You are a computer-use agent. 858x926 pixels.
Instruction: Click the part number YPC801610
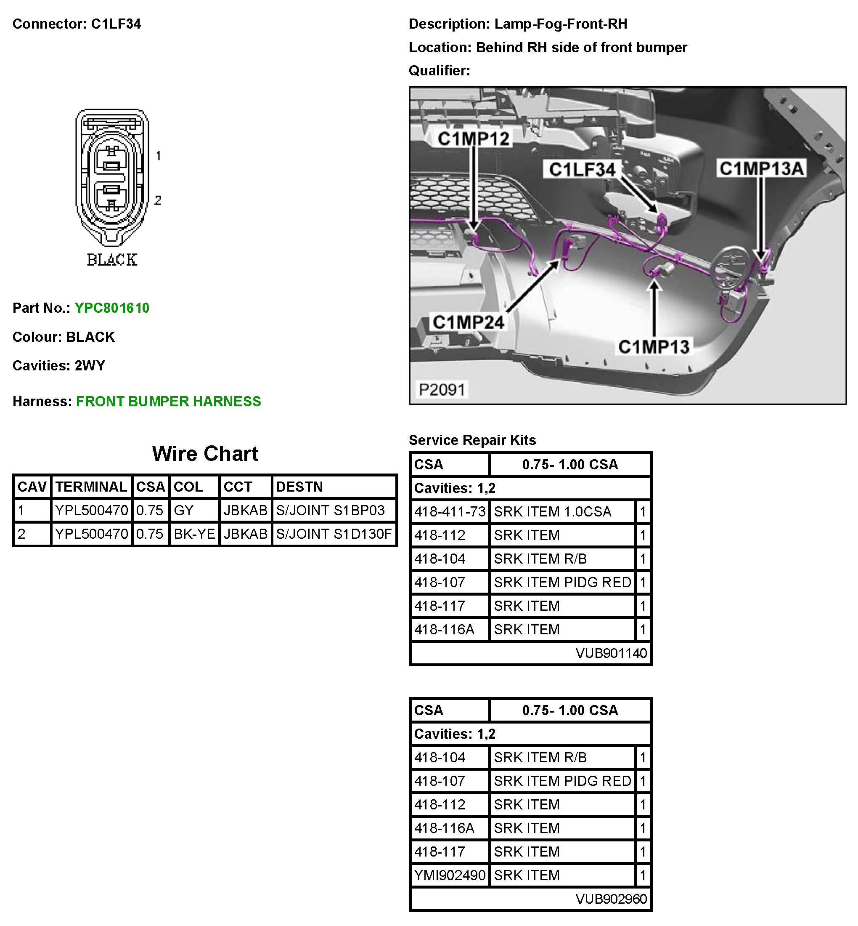(x=112, y=308)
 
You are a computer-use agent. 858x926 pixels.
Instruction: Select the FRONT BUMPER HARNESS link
(x=169, y=402)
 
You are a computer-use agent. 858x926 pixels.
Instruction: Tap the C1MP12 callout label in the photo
(x=473, y=139)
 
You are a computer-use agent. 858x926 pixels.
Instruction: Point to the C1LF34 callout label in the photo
(x=582, y=170)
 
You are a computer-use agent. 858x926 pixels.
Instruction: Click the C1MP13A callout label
(x=761, y=169)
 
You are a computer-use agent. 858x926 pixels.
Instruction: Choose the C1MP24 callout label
(x=468, y=322)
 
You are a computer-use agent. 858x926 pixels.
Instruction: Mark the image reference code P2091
(x=442, y=389)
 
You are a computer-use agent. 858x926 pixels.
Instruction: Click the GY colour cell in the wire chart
(x=183, y=511)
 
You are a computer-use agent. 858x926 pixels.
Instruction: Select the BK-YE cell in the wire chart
(x=194, y=534)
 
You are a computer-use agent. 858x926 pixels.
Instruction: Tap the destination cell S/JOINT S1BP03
(x=330, y=511)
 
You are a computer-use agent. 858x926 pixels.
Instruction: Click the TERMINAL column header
(x=91, y=487)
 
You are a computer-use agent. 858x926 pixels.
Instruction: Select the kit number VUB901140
(x=611, y=653)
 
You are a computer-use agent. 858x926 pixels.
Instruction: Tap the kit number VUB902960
(x=611, y=899)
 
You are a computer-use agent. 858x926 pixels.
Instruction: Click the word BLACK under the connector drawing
(x=112, y=260)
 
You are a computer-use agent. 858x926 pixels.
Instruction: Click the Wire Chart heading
(x=205, y=454)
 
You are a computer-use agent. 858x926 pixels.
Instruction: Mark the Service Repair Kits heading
(x=472, y=440)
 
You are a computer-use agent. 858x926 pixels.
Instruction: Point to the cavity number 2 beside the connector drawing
(x=158, y=201)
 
